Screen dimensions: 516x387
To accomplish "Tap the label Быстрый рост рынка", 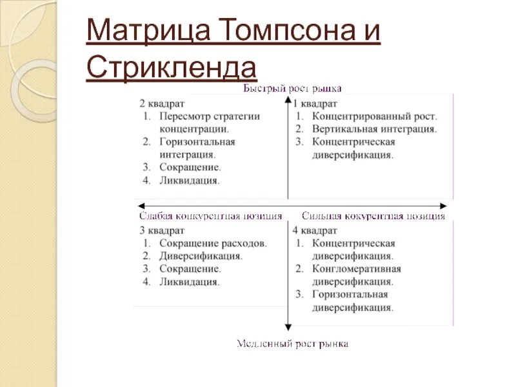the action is [x=292, y=88].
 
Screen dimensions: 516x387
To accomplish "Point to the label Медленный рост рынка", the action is [x=292, y=344].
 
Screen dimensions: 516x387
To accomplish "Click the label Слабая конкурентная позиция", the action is [x=210, y=216].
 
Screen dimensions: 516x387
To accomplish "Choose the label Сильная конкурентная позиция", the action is [x=373, y=216].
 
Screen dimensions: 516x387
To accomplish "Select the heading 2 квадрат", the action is [x=162, y=103].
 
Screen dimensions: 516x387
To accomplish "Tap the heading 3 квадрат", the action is [x=162, y=230].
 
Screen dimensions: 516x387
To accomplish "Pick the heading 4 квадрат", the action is [x=315, y=230].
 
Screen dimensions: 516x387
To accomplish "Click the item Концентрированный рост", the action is [x=374, y=117].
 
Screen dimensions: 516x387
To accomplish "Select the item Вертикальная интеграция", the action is [x=374, y=129].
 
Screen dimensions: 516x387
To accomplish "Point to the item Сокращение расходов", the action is [x=213, y=244].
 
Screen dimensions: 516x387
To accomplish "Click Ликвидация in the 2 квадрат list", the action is [x=190, y=181].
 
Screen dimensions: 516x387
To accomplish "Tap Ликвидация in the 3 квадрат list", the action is [x=190, y=282].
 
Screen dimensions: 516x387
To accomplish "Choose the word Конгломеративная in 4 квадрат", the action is [x=356, y=269].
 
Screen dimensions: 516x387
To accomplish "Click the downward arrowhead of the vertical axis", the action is [x=287, y=328].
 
